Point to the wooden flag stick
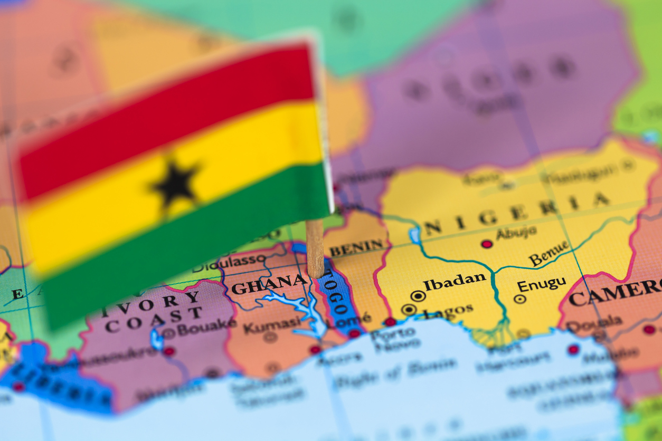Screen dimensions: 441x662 (x=315, y=248)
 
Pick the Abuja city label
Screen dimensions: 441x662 (x=516, y=233)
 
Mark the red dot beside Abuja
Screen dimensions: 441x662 (x=487, y=244)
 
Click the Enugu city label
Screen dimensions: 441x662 (x=541, y=285)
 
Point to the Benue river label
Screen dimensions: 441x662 (x=549, y=254)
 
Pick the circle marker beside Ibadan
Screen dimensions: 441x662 (x=418, y=296)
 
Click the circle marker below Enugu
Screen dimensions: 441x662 (x=520, y=299)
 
